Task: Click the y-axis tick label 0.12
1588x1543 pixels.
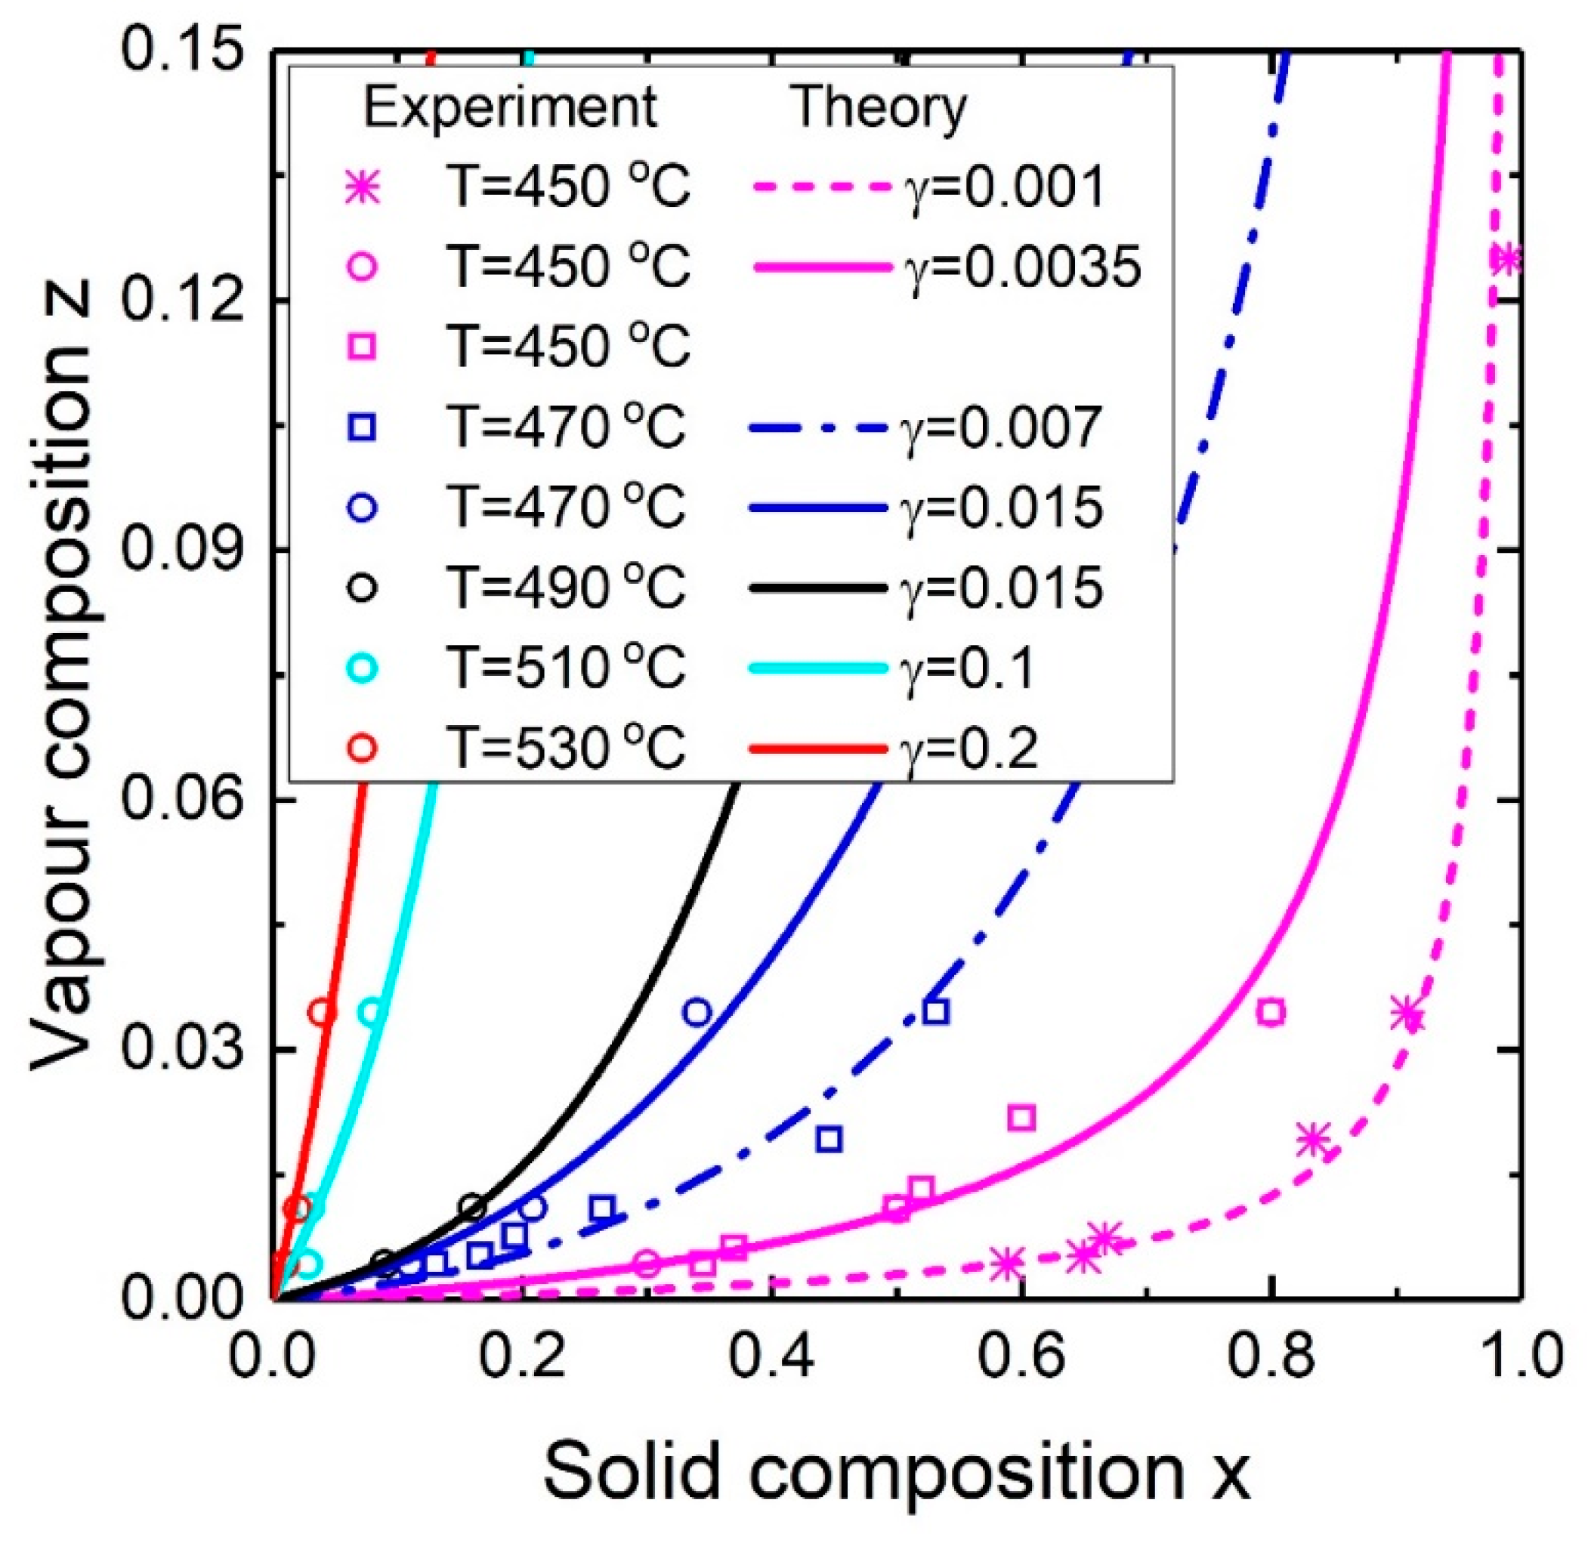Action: point(183,300)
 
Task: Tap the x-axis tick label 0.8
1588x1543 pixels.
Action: point(1269,1355)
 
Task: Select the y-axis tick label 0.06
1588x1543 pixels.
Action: point(183,800)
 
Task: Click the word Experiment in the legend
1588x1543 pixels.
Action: point(509,107)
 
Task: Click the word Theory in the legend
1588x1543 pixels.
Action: point(879,107)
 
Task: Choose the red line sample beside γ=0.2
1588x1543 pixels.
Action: point(818,748)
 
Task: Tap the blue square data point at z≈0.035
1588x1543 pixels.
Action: point(935,1011)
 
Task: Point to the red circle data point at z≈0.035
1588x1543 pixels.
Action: point(322,1011)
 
